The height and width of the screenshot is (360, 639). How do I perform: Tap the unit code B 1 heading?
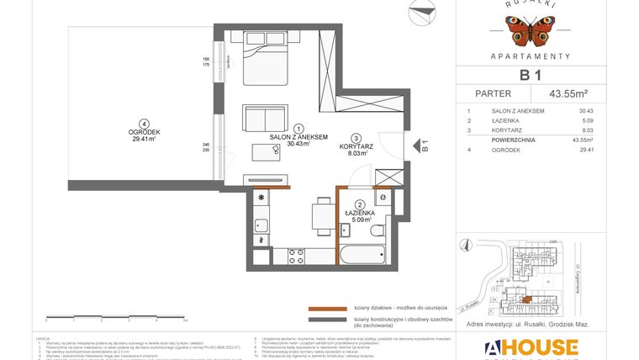click(530, 75)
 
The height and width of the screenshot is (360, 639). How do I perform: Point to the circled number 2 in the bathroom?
click(359, 204)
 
